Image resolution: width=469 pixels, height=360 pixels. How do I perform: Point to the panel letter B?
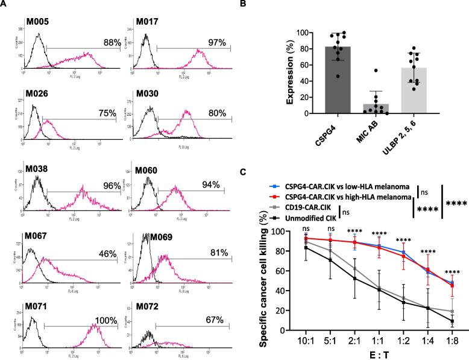[260, 5]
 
